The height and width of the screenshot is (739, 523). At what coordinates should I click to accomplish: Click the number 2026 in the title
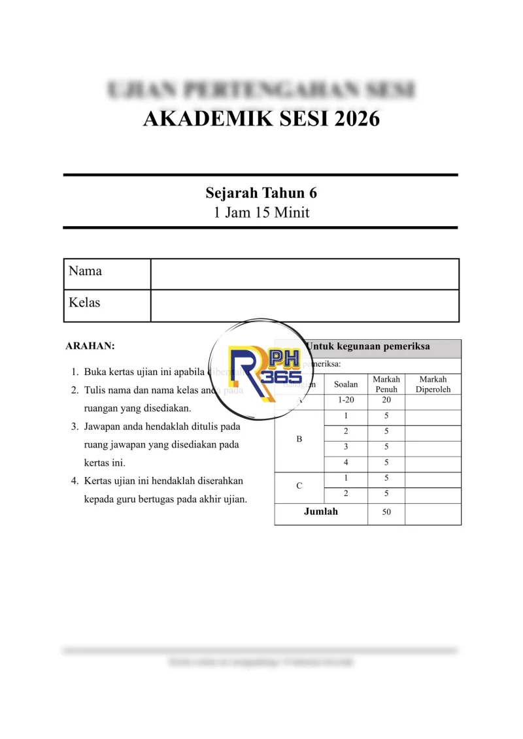[x=350, y=120]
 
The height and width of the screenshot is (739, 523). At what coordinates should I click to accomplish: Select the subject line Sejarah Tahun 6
[x=261, y=193]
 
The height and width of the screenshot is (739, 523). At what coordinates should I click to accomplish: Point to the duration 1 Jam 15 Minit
[x=261, y=212]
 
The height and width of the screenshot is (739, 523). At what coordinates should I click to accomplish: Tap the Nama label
[x=86, y=271]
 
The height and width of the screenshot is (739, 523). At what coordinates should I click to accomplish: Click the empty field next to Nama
[x=305, y=274]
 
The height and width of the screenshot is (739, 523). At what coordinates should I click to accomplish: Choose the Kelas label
[x=85, y=303]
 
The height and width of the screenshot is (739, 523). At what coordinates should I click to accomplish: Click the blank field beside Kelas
[x=305, y=306]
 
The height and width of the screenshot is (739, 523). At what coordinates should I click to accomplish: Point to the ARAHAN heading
[x=90, y=346]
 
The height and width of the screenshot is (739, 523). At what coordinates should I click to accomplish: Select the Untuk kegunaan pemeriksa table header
[x=368, y=347]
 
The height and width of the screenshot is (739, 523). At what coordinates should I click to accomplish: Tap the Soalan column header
[x=346, y=384]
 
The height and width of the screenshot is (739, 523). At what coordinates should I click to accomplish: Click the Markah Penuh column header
[x=386, y=384]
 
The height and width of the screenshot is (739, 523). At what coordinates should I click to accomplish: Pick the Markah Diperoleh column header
[x=433, y=384]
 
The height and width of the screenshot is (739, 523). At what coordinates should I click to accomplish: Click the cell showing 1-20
[x=346, y=400]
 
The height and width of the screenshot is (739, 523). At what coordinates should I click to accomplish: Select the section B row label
[x=299, y=440]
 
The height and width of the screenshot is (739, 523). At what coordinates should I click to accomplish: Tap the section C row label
[x=299, y=485]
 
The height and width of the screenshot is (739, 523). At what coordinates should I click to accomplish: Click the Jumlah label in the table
[x=321, y=512]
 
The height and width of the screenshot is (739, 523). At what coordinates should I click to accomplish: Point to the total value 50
[x=386, y=512]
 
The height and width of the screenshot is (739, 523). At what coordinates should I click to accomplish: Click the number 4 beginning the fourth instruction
[x=75, y=481]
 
